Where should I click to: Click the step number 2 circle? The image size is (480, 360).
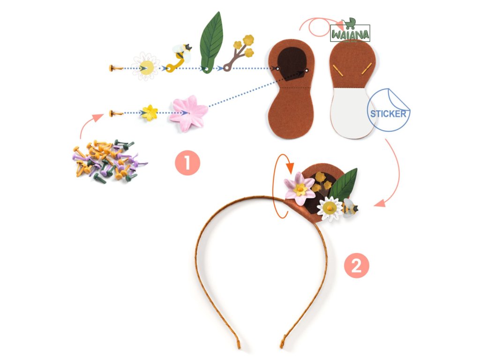[x=357, y=266]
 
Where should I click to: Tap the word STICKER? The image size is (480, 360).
[x=388, y=113]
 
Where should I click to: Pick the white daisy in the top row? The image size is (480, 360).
[x=146, y=67]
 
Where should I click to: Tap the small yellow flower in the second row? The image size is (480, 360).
[x=150, y=112]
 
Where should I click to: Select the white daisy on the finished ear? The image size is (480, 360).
[x=330, y=208]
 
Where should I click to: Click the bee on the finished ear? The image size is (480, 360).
[x=350, y=208]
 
